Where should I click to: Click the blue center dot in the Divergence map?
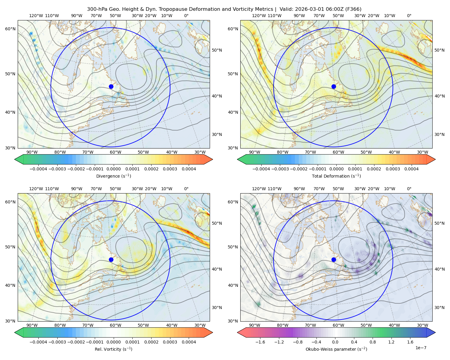pos(111,87)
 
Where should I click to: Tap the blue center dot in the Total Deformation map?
pos(334,87)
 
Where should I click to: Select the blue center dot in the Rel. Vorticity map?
pos(111,259)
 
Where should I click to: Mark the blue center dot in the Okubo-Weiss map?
pos(334,259)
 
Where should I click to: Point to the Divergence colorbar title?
pos(113,176)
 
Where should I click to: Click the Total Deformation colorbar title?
pos(336,176)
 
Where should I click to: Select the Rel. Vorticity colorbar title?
pos(113,349)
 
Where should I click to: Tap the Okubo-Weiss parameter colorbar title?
pos(336,349)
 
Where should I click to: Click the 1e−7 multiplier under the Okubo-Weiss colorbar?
pos(421,348)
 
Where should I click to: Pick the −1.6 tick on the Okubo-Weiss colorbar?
pos(260,342)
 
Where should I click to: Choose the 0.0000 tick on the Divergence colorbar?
pos(113,169)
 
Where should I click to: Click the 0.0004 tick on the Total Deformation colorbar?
pos(412,169)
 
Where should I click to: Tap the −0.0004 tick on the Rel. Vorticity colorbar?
pos(38,342)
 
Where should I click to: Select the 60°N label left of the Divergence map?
pos(10,29)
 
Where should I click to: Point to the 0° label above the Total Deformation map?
pos(409,16)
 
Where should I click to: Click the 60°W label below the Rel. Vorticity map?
pos(115,325)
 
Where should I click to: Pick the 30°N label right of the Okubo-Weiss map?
pos(439,307)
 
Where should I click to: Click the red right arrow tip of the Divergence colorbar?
pos(212,160)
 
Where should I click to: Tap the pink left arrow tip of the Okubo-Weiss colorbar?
pos(238,333)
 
